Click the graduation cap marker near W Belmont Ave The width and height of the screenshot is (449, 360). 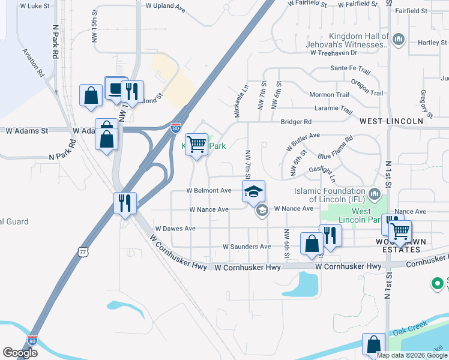tap(253, 191)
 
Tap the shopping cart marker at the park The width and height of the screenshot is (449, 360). tap(196, 145)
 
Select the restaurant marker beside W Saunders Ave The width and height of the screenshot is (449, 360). tap(330, 235)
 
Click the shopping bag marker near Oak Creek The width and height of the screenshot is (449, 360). tap(373, 345)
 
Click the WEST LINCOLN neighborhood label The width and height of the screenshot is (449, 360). tap(391, 121)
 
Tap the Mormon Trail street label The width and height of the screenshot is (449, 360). tap(329, 95)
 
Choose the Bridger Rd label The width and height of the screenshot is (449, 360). tap(296, 122)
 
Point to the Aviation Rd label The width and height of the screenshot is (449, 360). tap(33, 63)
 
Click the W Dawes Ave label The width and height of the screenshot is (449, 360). tap(175, 229)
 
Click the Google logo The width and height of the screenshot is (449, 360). tap(20, 353)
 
